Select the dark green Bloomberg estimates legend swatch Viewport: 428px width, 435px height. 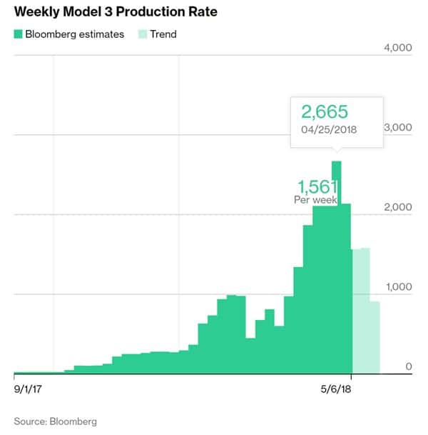[x=19, y=34]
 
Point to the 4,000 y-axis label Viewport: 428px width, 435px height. [x=397, y=48]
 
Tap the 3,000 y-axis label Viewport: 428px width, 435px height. [x=397, y=127]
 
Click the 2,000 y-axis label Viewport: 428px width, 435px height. [x=397, y=207]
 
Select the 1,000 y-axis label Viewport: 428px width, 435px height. [x=397, y=286]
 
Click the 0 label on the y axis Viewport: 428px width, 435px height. [x=409, y=366]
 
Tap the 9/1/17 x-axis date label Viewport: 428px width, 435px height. [x=29, y=391]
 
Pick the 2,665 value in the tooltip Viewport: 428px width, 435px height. [x=325, y=112]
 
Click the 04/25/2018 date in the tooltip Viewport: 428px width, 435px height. [x=329, y=130]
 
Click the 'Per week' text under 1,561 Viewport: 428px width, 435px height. [x=315, y=200]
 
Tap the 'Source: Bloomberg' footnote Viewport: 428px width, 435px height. [x=55, y=421]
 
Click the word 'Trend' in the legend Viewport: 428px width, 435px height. [x=163, y=34]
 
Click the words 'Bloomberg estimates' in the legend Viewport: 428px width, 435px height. [x=74, y=34]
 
